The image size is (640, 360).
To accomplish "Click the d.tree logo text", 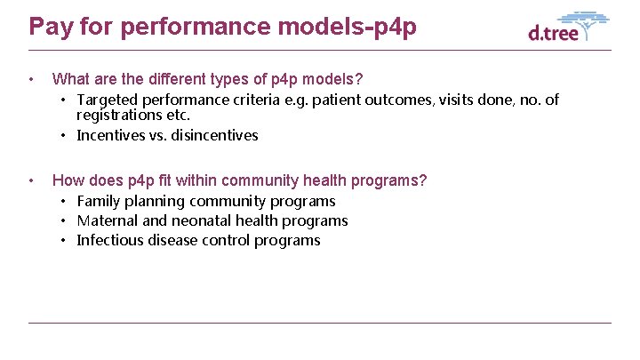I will pyautogui.click(x=553, y=34).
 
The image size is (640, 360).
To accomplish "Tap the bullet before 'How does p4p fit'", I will pyautogui.click(x=32, y=181).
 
